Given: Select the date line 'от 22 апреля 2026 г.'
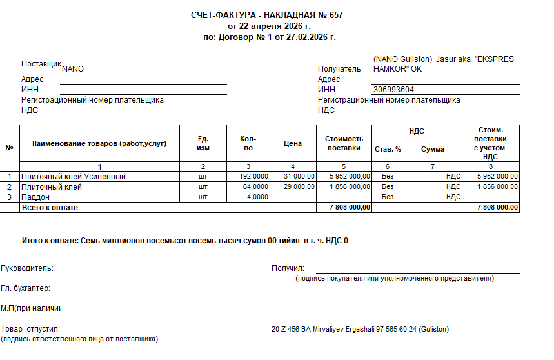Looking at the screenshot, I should [269, 26].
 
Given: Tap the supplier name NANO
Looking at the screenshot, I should [73, 69].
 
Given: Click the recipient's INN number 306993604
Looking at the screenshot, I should [393, 90].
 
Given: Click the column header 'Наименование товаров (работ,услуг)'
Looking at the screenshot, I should [99, 143].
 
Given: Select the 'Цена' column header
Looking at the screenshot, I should [293, 143].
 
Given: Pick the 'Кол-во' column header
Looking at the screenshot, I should [248, 143].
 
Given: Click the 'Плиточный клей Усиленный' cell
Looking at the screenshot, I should [74, 176].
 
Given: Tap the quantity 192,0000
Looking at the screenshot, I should [253, 176].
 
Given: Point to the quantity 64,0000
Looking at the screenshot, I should [255, 186].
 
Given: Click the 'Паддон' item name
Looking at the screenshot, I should [35, 197].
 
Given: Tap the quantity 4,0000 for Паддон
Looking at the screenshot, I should [257, 197].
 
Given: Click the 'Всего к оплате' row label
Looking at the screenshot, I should [50, 207].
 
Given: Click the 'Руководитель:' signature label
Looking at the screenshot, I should [27, 268].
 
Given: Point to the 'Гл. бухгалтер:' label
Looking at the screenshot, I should [26, 289].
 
